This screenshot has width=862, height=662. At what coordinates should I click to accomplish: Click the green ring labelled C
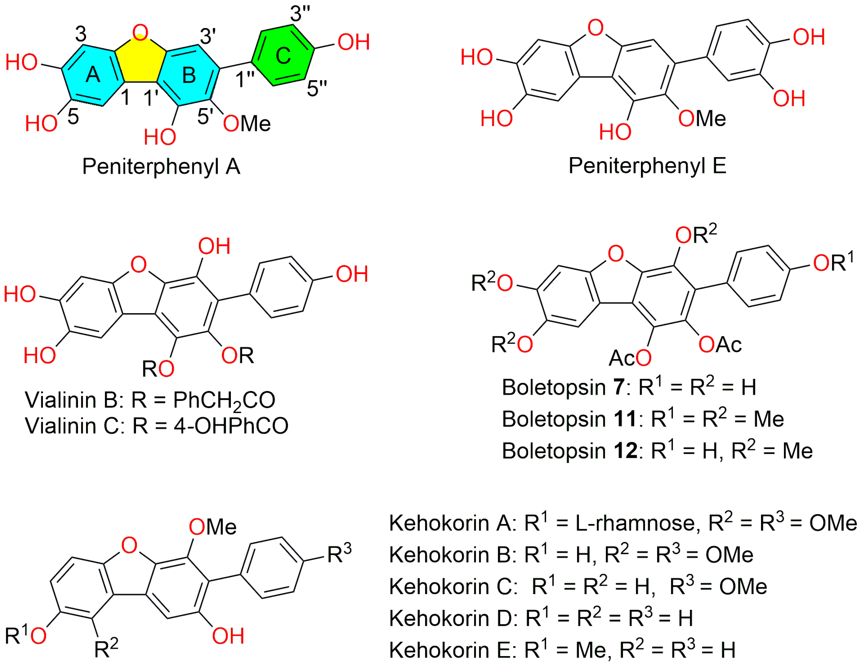point(283,55)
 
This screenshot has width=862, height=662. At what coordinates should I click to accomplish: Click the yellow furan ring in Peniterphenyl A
point(140,59)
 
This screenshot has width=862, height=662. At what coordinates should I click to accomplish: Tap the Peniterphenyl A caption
point(161,166)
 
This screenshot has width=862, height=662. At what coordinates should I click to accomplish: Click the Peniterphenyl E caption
point(647,165)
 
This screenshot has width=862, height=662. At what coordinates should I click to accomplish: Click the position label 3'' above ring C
point(300,14)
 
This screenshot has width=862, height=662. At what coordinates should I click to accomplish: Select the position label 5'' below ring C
point(317,88)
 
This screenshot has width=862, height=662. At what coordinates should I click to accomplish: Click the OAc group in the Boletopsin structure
point(720,345)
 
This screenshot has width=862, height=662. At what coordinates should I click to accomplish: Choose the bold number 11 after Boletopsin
point(625,419)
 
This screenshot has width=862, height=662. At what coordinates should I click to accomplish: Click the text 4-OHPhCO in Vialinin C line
point(231,426)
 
